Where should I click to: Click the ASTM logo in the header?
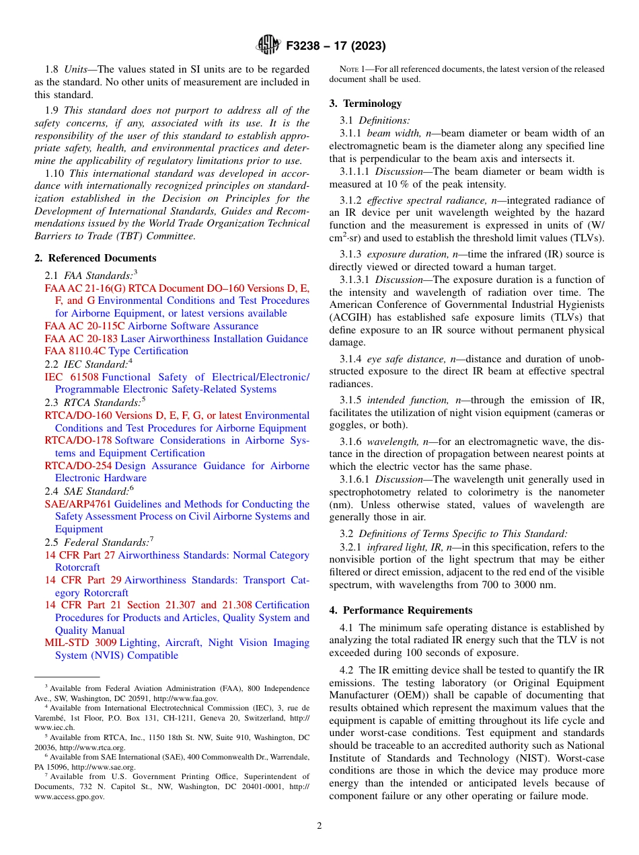click(269, 46)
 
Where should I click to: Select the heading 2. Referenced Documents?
click(96, 258)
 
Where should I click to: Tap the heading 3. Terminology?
click(366, 104)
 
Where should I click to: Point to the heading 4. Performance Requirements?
click(401, 610)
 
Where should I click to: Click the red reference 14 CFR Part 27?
click(79, 555)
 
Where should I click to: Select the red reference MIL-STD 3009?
click(80, 643)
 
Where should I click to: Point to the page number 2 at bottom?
click(319, 826)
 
